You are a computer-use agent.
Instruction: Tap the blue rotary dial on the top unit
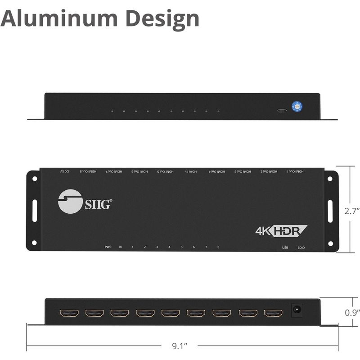297,107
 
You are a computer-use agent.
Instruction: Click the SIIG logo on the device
85,200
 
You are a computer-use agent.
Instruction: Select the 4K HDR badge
281,230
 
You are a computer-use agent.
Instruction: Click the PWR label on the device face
108,247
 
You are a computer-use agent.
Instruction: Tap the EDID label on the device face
301,247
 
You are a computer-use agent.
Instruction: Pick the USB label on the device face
285,247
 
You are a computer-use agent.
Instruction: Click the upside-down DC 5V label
65,171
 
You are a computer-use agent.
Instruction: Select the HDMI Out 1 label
295,171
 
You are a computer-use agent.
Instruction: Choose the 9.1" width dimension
180,346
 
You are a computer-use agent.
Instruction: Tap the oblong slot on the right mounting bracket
330,210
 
